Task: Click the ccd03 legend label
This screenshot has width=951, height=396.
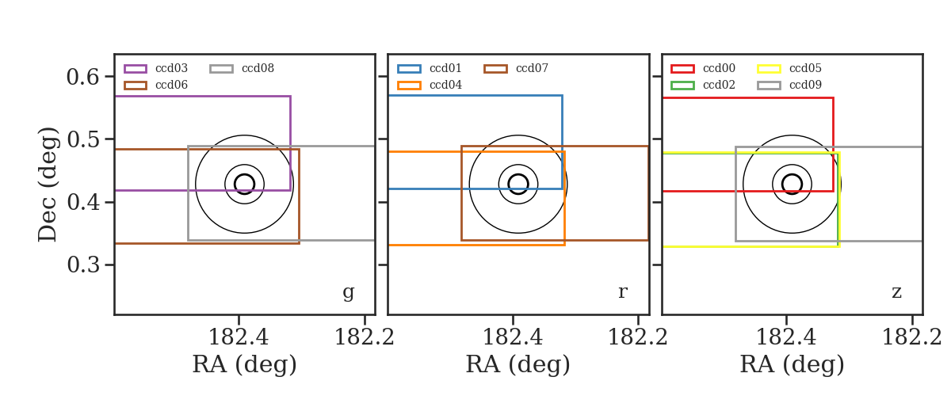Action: click(171, 68)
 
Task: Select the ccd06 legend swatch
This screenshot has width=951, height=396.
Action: click(136, 86)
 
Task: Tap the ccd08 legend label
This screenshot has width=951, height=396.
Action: click(258, 68)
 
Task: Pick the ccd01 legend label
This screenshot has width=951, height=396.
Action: click(445, 68)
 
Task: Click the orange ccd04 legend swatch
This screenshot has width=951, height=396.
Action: click(409, 86)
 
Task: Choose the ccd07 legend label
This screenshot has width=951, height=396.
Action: click(532, 68)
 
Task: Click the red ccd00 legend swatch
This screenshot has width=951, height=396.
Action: click(682, 69)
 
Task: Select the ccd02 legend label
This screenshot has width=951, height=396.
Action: click(719, 85)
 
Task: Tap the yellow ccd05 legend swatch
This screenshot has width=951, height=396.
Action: click(769, 69)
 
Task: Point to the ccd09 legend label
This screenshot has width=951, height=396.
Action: click(805, 85)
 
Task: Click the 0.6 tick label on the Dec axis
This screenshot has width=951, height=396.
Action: click(82, 77)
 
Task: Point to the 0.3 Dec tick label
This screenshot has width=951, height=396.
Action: click(83, 265)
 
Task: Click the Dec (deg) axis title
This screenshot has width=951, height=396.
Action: click(47, 185)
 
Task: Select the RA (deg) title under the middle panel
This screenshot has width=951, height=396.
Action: click(518, 364)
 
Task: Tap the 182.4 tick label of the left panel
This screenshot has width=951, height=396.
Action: click(239, 337)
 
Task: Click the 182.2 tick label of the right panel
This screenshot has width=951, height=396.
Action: click(912, 337)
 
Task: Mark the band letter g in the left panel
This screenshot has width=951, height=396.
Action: click(348, 293)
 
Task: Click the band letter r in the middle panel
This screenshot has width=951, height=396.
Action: click(622, 291)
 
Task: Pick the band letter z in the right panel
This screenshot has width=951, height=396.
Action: click(896, 292)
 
